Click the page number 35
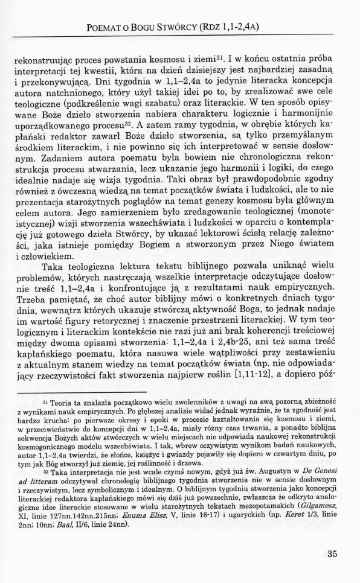click(x=331, y=553)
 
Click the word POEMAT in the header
click(x=108, y=26)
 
